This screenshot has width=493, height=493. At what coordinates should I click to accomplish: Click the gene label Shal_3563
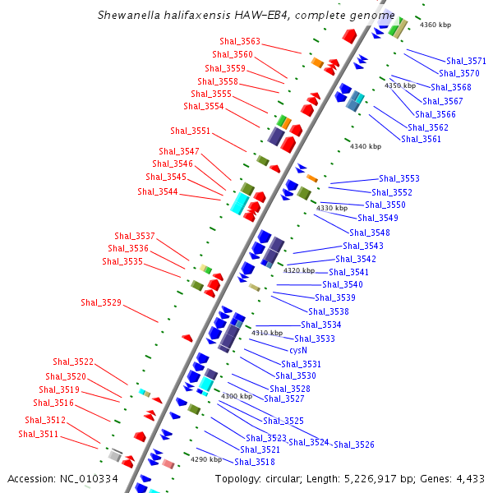click(x=240, y=41)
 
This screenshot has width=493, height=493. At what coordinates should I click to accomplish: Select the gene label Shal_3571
click(x=466, y=61)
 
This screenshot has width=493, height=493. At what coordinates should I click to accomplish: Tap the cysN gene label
click(x=298, y=350)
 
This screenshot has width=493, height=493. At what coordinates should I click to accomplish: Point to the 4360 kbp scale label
click(x=435, y=25)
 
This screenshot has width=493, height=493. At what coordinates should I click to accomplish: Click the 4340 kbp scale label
click(x=366, y=146)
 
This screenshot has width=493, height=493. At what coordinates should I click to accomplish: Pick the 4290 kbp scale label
click(x=205, y=459)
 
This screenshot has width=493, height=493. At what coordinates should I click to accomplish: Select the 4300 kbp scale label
click(x=237, y=396)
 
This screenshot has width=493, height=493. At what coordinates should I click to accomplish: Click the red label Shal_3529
click(x=101, y=302)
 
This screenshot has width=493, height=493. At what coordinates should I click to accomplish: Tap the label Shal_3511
click(x=38, y=434)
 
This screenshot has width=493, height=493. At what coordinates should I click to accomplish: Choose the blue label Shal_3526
click(x=354, y=445)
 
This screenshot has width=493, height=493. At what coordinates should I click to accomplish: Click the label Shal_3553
click(x=399, y=178)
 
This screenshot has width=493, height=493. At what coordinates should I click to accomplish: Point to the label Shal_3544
click(x=158, y=191)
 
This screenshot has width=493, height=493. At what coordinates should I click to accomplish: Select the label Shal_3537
click(x=135, y=236)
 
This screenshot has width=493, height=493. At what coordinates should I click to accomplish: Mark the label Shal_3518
click(x=255, y=462)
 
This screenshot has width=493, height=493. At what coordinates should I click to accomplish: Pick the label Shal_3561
click(x=421, y=139)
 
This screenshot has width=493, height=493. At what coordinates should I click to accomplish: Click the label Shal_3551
click(x=190, y=131)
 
